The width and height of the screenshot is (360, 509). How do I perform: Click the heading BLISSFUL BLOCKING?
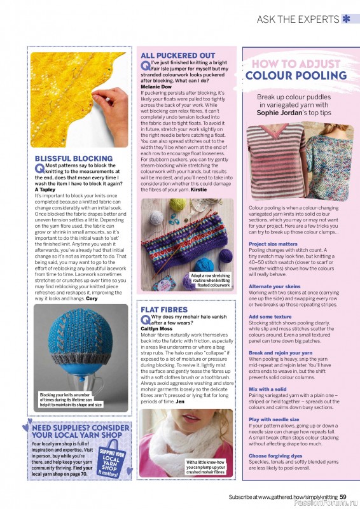(x=73, y=158)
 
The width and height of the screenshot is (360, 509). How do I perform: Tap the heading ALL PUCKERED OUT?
(x=177, y=55)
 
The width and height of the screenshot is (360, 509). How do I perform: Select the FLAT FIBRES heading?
(x=164, y=310)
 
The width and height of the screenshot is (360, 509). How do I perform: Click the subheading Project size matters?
(x=273, y=244)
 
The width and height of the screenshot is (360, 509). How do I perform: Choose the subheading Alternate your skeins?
(x=274, y=287)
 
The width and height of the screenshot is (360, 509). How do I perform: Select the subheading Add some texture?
(x=270, y=316)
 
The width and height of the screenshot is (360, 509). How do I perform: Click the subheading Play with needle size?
(x=273, y=420)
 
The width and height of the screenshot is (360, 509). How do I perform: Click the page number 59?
(x=343, y=497)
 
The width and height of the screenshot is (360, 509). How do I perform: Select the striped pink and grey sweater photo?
(x=275, y=161)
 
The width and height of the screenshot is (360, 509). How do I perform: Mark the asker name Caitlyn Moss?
(x=158, y=328)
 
